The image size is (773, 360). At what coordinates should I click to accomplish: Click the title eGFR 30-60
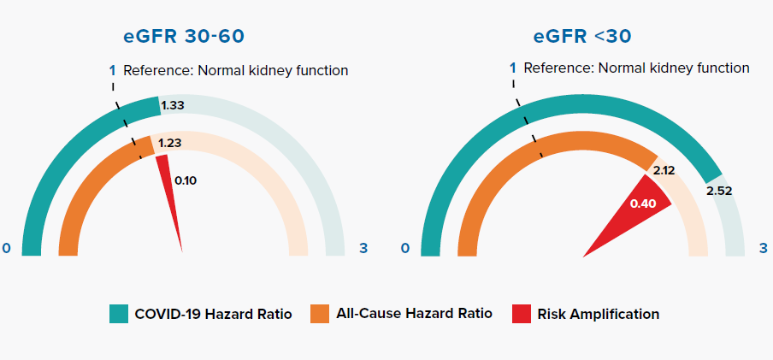coord(183,37)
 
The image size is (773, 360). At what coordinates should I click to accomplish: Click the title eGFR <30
coord(581,37)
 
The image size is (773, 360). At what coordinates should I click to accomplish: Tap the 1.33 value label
coord(173,105)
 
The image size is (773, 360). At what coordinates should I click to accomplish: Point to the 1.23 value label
coord(169,143)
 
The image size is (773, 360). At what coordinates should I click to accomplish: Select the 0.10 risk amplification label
coord(186,180)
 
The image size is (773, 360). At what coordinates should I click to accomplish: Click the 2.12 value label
coord(664,171)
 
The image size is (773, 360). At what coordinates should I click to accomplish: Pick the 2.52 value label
coord(719,191)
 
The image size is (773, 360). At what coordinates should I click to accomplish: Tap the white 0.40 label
coord(643,204)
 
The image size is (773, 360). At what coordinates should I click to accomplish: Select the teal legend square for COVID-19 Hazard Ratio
coord(119,314)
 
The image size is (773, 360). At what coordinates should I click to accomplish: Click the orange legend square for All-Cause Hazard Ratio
coord(320,314)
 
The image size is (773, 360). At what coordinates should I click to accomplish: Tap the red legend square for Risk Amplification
coord(522,314)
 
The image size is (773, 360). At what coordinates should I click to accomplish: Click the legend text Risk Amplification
coord(598,314)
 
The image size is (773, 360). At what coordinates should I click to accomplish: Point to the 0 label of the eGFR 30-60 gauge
coord(6,248)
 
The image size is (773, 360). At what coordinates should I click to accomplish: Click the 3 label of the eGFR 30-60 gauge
coord(363,248)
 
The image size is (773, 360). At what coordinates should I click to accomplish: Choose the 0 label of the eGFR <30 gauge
coord(405,248)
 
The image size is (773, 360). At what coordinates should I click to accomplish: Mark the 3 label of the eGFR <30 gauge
coord(764,248)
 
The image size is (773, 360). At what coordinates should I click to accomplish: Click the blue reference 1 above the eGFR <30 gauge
coord(513,68)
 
